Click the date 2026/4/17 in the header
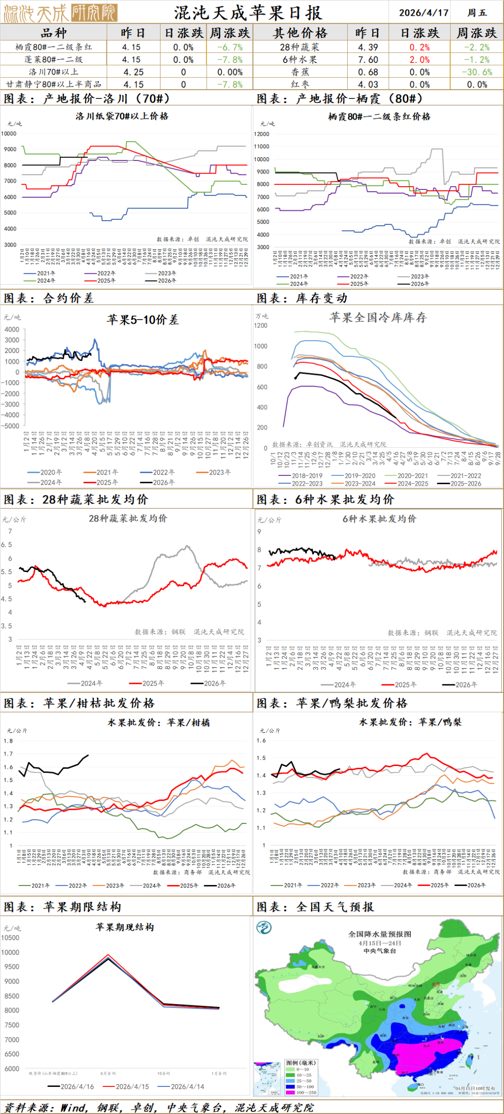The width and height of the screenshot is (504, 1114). click(x=423, y=13)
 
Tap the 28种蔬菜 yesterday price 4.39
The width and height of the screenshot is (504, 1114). click(x=368, y=47)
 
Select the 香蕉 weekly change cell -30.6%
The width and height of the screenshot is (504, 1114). click(x=477, y=72)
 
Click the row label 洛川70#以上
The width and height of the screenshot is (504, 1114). click(x=53, y=72)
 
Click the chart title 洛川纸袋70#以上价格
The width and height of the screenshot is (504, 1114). click(x=122, y=116)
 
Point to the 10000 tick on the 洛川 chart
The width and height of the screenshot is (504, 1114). click(x=9, y=133)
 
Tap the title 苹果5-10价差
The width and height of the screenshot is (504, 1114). click(x=142, y=320)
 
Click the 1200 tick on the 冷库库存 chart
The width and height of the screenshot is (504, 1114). click(x=260, y=326)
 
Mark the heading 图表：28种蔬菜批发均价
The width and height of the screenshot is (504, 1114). click(x=76, y=500)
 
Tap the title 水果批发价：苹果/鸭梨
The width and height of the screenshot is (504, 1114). click(x=410, y=722)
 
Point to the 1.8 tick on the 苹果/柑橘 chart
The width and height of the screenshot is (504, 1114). click(x=8, y=741)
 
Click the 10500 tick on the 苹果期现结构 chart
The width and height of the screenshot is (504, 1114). click(x=10, y=938)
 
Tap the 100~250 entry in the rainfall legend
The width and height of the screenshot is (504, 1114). click(x=306, y=1092)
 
